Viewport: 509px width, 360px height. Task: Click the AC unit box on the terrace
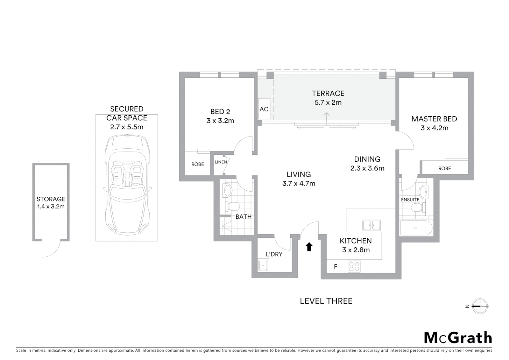pos(264,109)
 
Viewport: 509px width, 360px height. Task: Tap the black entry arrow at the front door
pos(309,247)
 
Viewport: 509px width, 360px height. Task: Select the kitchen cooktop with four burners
pos(354,266)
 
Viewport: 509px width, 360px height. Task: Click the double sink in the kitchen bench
pos(371,225)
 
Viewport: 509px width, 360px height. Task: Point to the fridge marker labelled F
pos(335,266)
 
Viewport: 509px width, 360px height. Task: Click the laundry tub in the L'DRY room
pos(264,266)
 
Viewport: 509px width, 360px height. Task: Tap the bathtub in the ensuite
pos(416,228)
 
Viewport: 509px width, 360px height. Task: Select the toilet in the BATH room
pos(232,206)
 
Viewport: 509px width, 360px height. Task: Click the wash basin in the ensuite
pos(423,192)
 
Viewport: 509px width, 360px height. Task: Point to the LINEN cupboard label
pos(221,162)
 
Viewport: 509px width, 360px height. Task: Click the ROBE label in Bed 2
pos(198,164)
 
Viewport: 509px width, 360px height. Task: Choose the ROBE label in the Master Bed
pos(444,168)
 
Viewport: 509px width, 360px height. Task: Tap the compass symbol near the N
pos(480,306)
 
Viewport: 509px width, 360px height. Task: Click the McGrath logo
pos(458,338)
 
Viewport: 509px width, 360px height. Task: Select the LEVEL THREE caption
pos(326,301)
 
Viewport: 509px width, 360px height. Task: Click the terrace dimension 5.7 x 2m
pos(328,103)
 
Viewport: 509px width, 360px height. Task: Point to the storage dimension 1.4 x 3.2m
pos(51,207)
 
